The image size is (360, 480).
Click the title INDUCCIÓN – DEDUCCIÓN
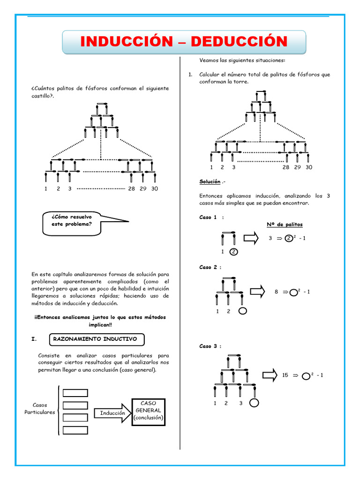coord(184,42)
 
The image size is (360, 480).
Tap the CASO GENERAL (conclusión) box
coord(149,410)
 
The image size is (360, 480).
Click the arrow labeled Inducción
coord(112,413)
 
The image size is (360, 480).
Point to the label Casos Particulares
coord(40,409)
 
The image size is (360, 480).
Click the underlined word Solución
coord(210,181)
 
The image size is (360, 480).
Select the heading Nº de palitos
coord(285,225)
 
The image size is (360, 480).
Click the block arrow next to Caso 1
coord(251,238)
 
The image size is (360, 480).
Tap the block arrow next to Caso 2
coord(257,292)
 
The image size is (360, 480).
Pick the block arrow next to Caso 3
coord(270,375)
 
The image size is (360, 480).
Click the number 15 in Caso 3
coord(285,375)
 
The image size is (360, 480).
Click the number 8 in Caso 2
coord(277,292)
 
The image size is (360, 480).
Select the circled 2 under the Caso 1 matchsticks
coord(234,251)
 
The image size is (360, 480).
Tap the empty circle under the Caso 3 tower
coord(254,403)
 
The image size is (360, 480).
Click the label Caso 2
coord(210,267)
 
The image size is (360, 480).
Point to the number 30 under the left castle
coord(155,189)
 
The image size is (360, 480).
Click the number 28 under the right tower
coord(286,167)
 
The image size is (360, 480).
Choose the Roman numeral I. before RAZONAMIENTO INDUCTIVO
coord(34,338)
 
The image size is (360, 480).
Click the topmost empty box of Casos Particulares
coord(75,393)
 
